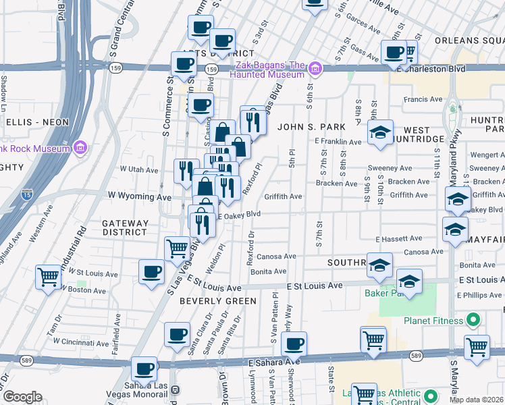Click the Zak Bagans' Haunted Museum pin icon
pos(315,68)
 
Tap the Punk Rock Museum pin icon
pos(80,147)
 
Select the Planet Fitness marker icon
pos(473,319)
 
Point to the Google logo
pos(22,397)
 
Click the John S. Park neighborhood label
pos(311,126)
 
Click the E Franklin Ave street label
pos(338,142)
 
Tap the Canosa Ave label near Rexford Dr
pos(276,256)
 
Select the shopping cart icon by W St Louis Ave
pos(49,276)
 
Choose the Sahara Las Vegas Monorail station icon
pos(175,389)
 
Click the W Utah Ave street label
pos(138,169)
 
